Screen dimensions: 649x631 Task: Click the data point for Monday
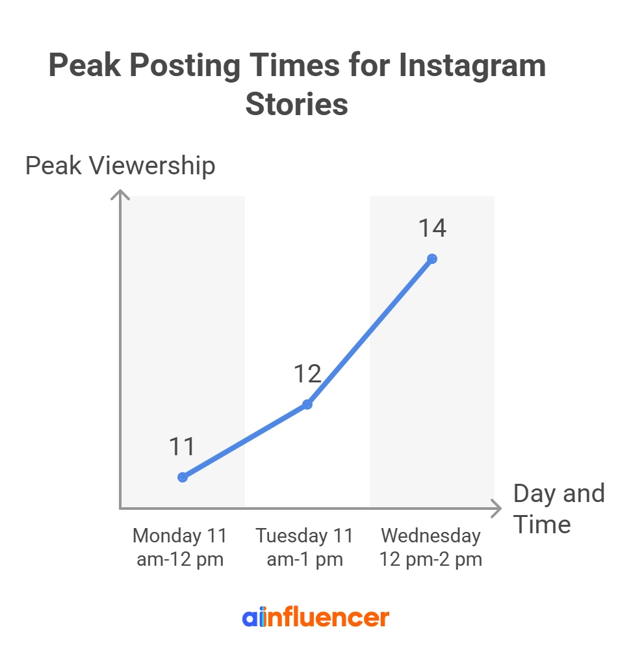pyautogui.click(x=183, y=477)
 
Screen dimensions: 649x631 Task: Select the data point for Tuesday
pyautogui.click(x=307, y=404)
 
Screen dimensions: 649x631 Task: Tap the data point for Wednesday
pyautogui.click(x=432, y=259)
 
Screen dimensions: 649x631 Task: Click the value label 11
pyautogui.click(x=182, y=447)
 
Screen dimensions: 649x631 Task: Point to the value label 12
pyautogui.click(x=307, y=375)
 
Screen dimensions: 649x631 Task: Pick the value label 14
pyautogui.click(x=432, y=229)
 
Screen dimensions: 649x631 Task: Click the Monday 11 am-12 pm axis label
pyautogui.click(x=180, y=548)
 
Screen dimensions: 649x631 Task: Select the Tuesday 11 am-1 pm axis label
pyautogui.click(x=305, y=548)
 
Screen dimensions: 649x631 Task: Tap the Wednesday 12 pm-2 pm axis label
pyautogui.click(x=431, y=548)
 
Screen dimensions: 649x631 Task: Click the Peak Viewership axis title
pyautogui.click(x=120, y=166)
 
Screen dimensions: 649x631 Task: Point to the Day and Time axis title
pyautogui.click(x=558, y=509)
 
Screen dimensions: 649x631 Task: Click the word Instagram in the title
pyautogui.click(x=472, y=66)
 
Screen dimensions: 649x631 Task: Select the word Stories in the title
pyautogui.click(x=296, y=104)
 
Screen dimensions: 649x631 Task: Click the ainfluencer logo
pyautogui.click(x=315, y=617)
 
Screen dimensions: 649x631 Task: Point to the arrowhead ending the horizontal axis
pyautogui.click(x=498, y=508)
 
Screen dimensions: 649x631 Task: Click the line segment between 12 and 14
pyautogui.click(x=370, y=332)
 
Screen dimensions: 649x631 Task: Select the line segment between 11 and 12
pyautogui.click(x=245, y=441)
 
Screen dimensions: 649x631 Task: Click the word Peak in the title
pyautogui.click(x=84, y=66)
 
